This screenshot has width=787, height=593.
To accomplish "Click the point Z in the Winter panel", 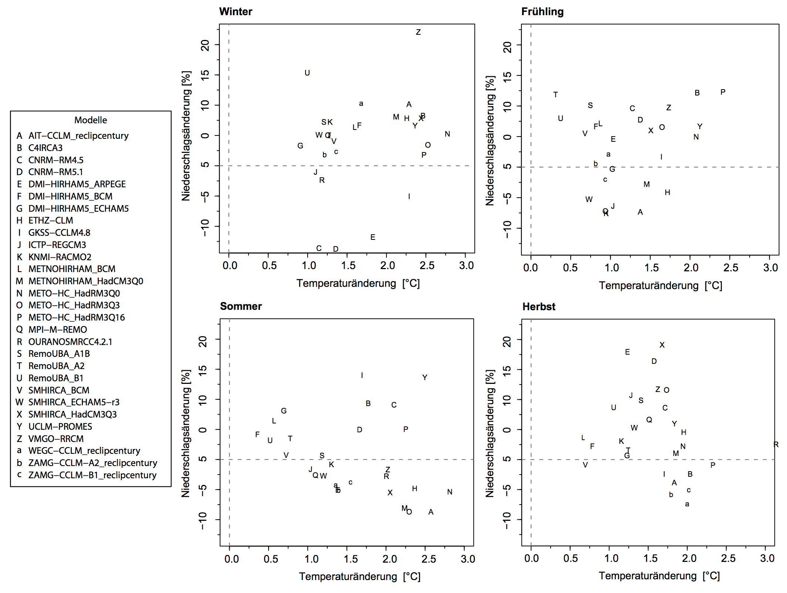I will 418,32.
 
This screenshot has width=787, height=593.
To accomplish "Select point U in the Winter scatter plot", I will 307,73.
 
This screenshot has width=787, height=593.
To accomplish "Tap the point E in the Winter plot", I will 373,237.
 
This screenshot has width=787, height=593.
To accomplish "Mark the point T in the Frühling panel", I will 555,95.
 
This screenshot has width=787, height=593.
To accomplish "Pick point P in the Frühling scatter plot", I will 723,92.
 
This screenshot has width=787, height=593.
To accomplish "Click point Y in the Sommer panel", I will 425,378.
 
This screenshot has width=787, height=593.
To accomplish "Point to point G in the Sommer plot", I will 284,411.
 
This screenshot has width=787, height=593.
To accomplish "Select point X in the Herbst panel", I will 662,345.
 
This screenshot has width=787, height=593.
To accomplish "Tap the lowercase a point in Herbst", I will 687,504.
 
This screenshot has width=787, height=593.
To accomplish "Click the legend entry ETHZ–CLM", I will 51,221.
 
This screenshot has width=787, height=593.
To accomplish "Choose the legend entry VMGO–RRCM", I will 56,439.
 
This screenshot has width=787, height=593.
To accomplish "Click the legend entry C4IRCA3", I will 45,148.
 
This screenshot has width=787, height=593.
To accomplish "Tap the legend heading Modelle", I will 91,120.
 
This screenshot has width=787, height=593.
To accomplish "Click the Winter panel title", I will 236,11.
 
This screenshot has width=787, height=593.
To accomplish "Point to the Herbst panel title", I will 539,306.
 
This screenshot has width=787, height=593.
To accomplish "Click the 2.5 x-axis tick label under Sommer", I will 429,559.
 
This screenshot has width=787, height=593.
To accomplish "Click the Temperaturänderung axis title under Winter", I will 358,284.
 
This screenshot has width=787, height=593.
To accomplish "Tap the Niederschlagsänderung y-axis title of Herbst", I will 490,433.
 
